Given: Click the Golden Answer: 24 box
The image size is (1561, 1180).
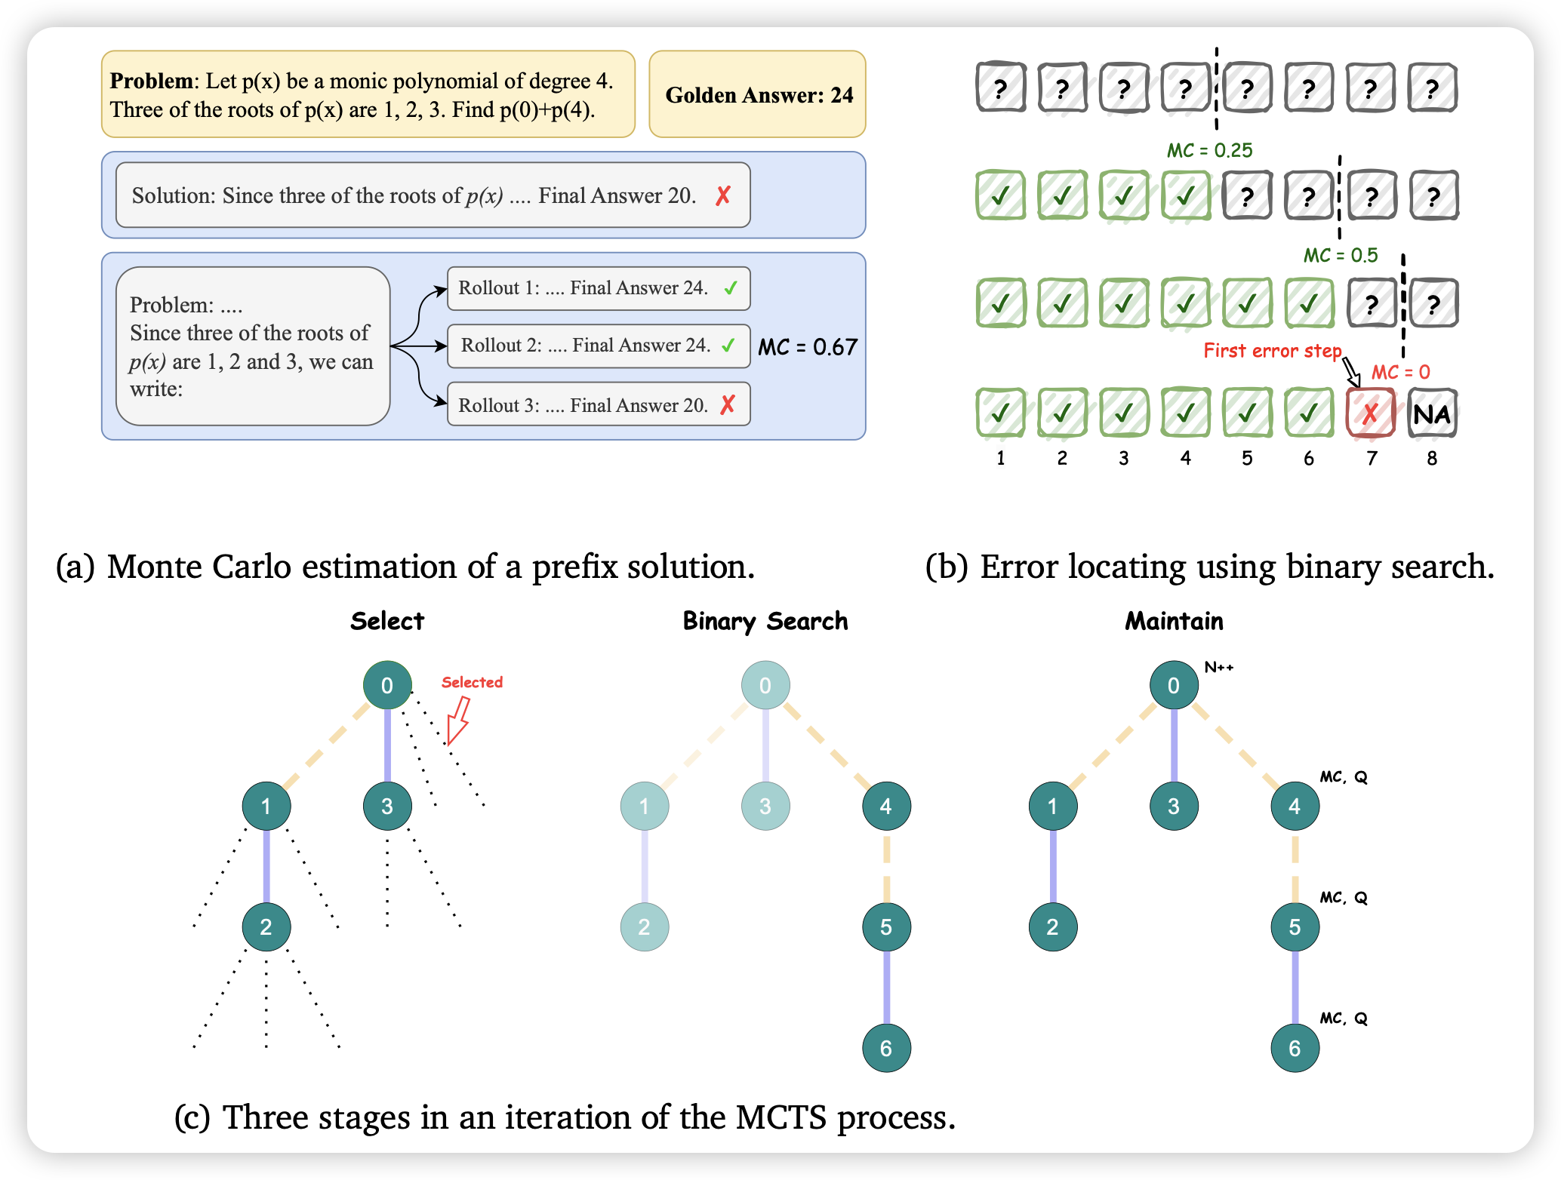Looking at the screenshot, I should tap(757, 94).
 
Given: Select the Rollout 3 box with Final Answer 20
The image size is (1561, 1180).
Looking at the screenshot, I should tap(598, 404).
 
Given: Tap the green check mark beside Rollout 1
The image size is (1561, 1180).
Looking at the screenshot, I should tap(730, 287).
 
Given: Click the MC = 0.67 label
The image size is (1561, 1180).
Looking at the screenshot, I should tap(808, 347).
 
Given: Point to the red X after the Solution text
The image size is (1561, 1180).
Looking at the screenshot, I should tap(723, 196).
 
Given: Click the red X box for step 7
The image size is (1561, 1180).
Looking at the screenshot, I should tap(1370, 413).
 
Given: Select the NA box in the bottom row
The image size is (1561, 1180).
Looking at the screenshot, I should tap(1432, 413).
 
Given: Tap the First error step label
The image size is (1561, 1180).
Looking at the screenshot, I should tap(1272, 351).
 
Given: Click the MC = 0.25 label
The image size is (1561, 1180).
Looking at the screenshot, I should tap(1209, 151).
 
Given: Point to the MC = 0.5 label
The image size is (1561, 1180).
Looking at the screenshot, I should tap(1341, 256).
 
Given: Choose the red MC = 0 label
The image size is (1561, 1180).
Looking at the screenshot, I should tap(1400, 372).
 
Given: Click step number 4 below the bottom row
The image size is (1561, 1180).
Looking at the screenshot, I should tap(1185, 458).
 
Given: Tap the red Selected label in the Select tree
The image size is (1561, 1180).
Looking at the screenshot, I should tap(472, 682).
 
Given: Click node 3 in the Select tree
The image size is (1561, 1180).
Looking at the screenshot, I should tap(387, 806).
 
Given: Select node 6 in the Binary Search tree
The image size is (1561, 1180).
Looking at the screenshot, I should tap(886, 1047).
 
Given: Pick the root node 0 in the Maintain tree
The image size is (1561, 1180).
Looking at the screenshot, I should tap(1174, 685).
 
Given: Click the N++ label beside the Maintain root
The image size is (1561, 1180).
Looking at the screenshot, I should tap(1219, 667).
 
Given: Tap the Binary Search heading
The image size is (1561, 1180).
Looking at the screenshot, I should tap(765, 621).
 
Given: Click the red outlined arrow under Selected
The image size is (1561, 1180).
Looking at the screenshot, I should tap(458, 720).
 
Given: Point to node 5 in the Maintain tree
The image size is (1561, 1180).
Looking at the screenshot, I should tap(1295, 926).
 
